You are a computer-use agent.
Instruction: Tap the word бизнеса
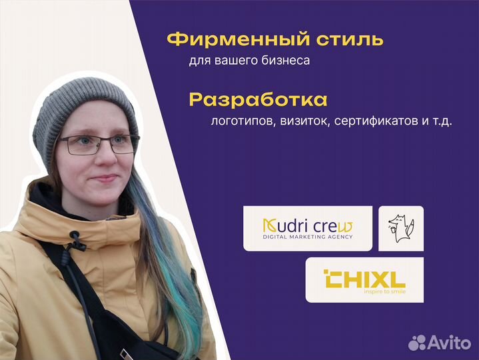pyautogui.click(x=286, y=60)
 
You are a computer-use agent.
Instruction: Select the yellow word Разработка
pyautogui.click(x=258, y=100)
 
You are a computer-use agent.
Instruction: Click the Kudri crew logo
pyautogui.click(x=308, y=229)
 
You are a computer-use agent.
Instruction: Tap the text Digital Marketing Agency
pyautogui.click(x=308, y=237)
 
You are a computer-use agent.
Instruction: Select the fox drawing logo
pyautogui.click(x=401, y=228)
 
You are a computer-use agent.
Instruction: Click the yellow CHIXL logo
pyautogui.click(x=364, y=279)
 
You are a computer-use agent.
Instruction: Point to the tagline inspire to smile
pyautogui.click(x=385, y=291)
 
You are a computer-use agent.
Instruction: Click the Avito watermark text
pyautogui.click(x=449, y=343)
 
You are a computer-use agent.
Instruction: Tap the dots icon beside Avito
pyautogui.click(x=417, y=343)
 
